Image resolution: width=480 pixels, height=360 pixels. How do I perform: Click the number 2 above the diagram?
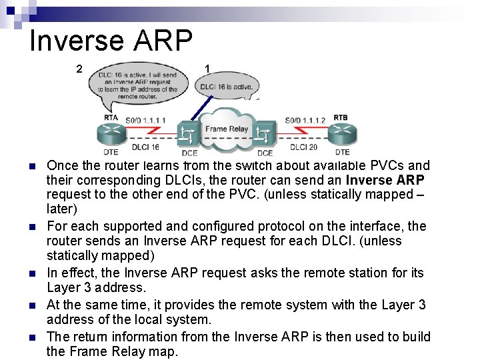(79, 69)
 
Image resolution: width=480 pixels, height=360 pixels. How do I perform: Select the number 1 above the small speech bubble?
(208, 69)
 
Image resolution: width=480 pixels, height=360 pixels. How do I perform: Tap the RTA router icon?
(111, 131)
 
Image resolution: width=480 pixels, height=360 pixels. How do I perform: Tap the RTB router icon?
(341, 132)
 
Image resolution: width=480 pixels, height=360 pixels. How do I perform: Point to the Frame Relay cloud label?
(227, 129)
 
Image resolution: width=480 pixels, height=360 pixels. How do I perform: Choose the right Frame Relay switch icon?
(265, 135)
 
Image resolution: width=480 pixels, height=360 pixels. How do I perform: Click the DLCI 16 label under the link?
(145, 147)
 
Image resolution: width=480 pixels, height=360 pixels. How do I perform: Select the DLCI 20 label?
(303, 147)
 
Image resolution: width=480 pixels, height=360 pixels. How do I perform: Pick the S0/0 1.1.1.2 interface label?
(305, 120)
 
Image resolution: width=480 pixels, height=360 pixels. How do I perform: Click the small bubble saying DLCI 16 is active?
(227, 87)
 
